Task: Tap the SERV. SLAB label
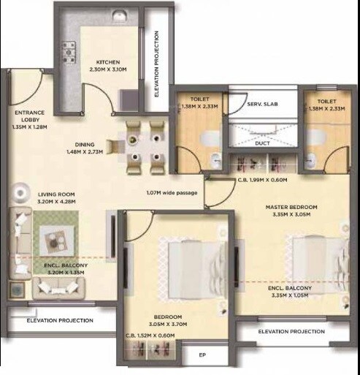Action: [x=260, y=105]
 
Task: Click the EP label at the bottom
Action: [x=204, y=357]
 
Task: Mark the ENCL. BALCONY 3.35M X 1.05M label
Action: [x=290, y=292]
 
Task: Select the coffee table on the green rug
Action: [x=55, y=235]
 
